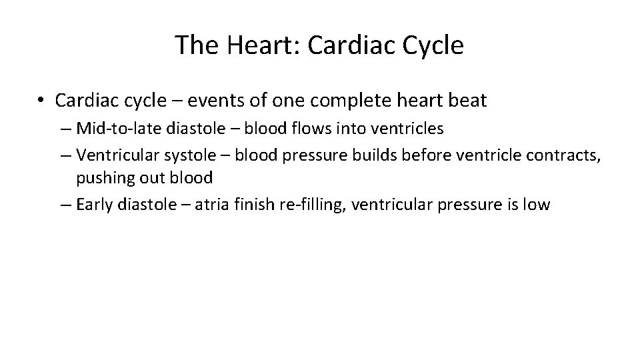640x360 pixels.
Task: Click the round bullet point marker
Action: pos(42,101)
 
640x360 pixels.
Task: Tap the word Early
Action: pos(95,205)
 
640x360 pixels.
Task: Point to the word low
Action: pos(537,205)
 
